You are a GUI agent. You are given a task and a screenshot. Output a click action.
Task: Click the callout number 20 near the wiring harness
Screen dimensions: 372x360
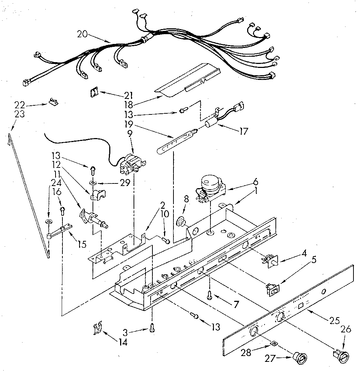pyautogui.click(x=82, y=34)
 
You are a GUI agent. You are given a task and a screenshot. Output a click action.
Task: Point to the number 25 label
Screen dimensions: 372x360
pyautogui.click(x=334, y=320)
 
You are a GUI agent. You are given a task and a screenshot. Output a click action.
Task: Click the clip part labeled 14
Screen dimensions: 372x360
pyautogui.click(x=96, y=329)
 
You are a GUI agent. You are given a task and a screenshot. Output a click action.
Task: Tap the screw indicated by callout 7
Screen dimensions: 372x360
pyautogui.click(x=210, y=296)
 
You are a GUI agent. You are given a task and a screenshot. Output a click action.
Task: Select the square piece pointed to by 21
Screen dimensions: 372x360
pyautogui.click(x=94, y=93)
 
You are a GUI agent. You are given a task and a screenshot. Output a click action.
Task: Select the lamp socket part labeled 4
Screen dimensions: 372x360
pyautogui.click(x=271, y=260)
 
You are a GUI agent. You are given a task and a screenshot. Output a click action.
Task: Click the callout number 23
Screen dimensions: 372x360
pyautogui.click(x=20, y=114)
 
